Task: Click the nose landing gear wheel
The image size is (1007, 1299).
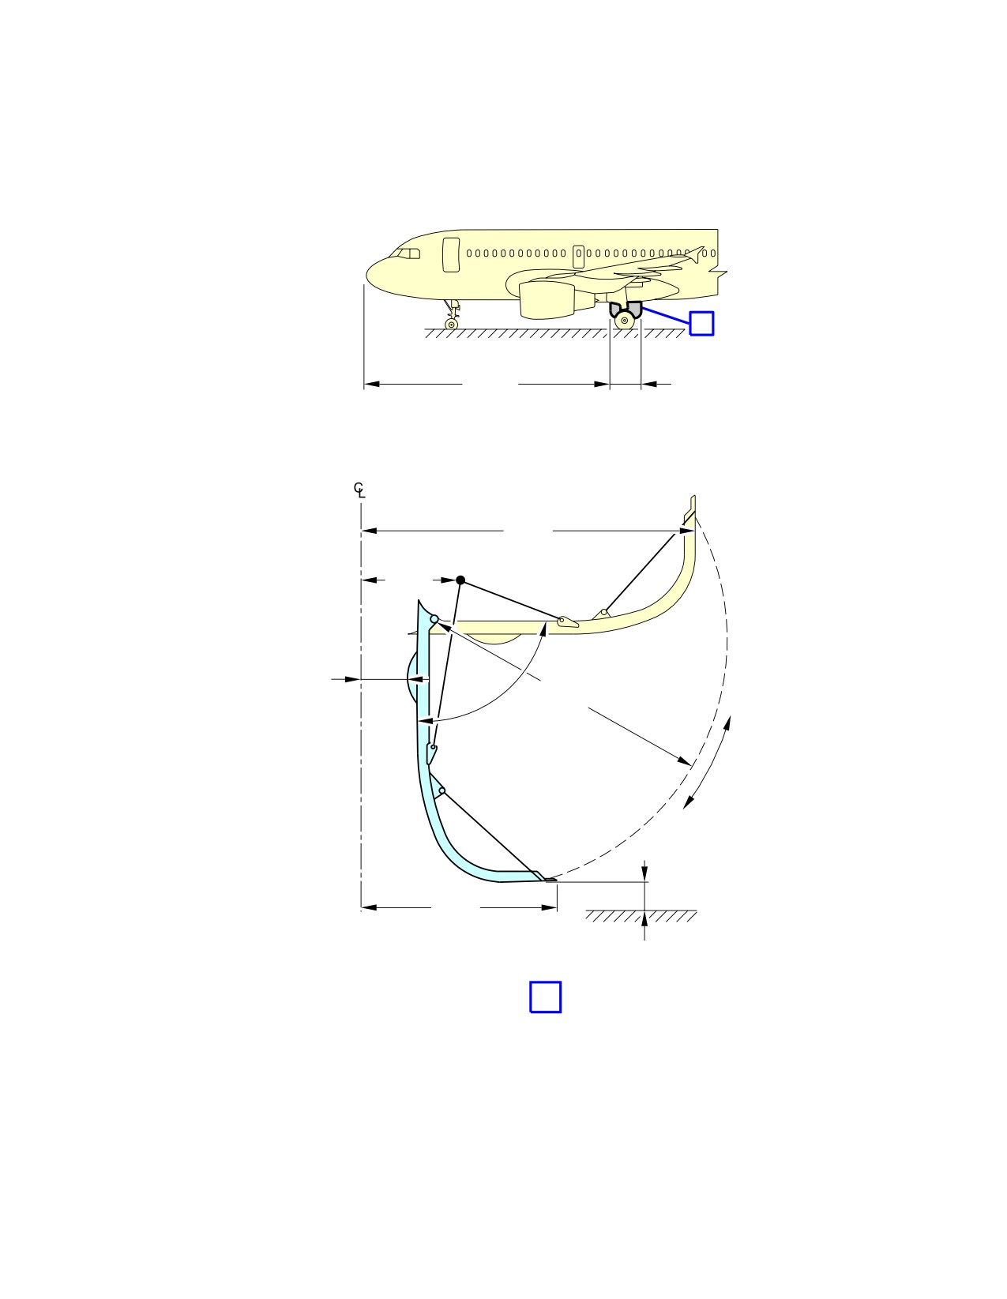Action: point(451,324)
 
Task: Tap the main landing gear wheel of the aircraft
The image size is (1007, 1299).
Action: point(625,321)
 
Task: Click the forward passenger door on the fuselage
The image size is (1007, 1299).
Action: point(451,254)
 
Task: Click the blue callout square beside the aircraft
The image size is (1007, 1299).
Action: point(701,324)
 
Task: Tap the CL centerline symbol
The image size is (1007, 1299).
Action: point(359,490)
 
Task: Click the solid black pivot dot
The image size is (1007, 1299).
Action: point(460,580)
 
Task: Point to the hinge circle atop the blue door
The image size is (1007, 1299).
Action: point(434,619)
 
